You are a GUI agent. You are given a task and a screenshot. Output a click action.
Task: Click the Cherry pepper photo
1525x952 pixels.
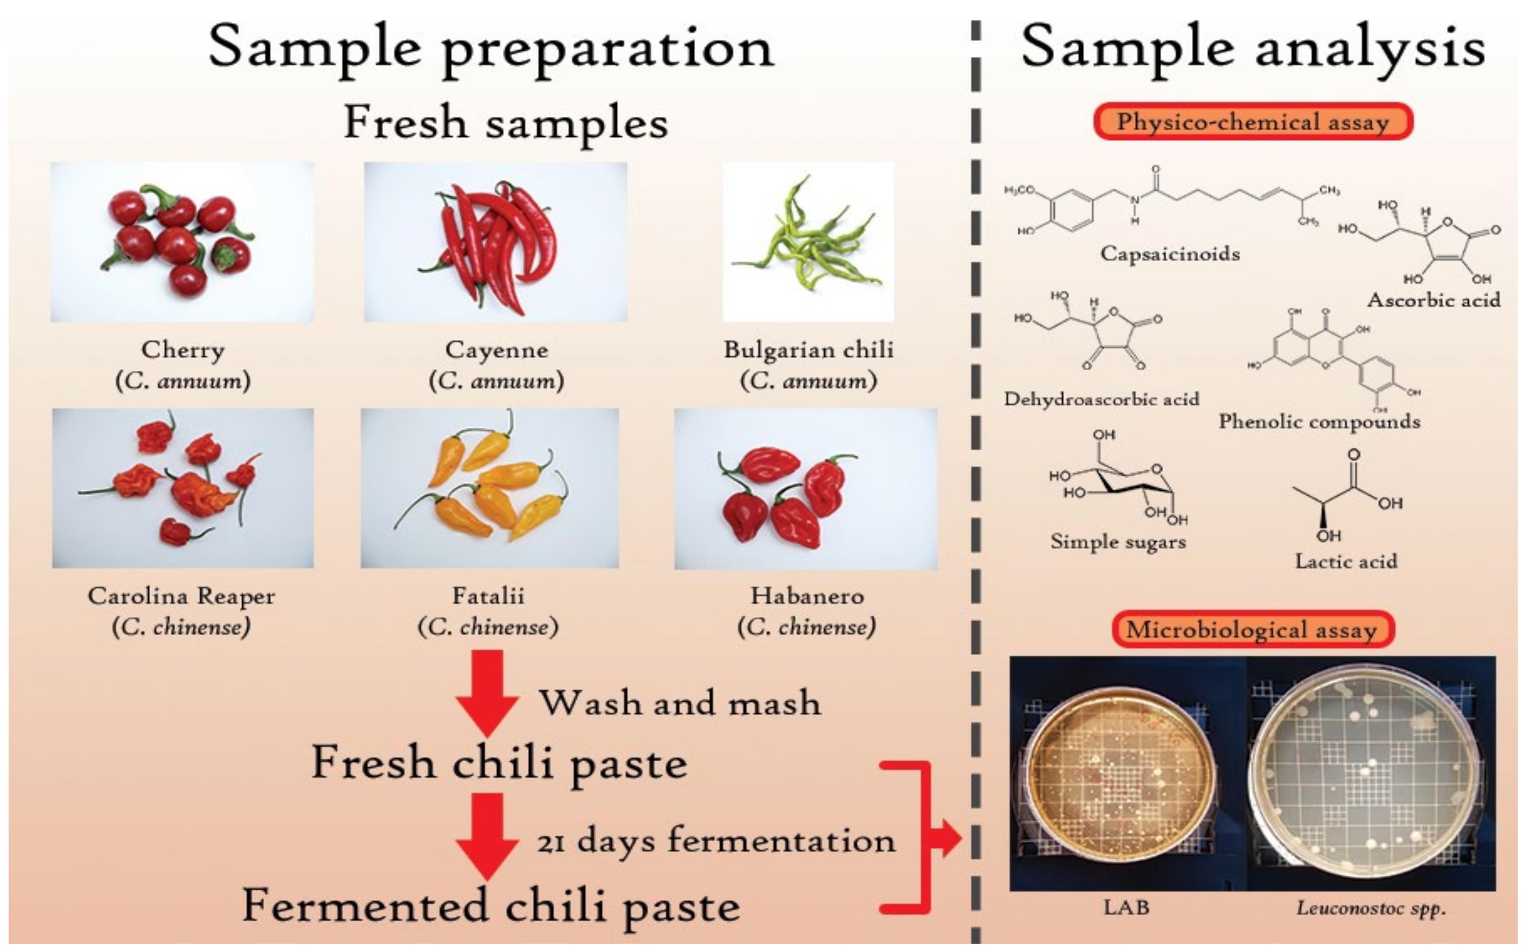182,242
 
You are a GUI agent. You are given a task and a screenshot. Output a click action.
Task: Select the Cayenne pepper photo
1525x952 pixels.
495,242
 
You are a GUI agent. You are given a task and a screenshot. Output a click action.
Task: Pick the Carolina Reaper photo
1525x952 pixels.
182,488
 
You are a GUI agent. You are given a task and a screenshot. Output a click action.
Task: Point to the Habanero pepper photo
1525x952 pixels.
806,489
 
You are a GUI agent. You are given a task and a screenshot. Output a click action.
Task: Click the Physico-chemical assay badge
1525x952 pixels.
1252,121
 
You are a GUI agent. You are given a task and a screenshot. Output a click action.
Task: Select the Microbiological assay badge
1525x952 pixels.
1252,630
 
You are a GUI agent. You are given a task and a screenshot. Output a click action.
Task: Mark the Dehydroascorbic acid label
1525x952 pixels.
1101,399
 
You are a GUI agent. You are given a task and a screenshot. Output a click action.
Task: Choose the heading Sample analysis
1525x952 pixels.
1252,47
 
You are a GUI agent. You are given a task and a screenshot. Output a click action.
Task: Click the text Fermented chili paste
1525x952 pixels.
491,907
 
